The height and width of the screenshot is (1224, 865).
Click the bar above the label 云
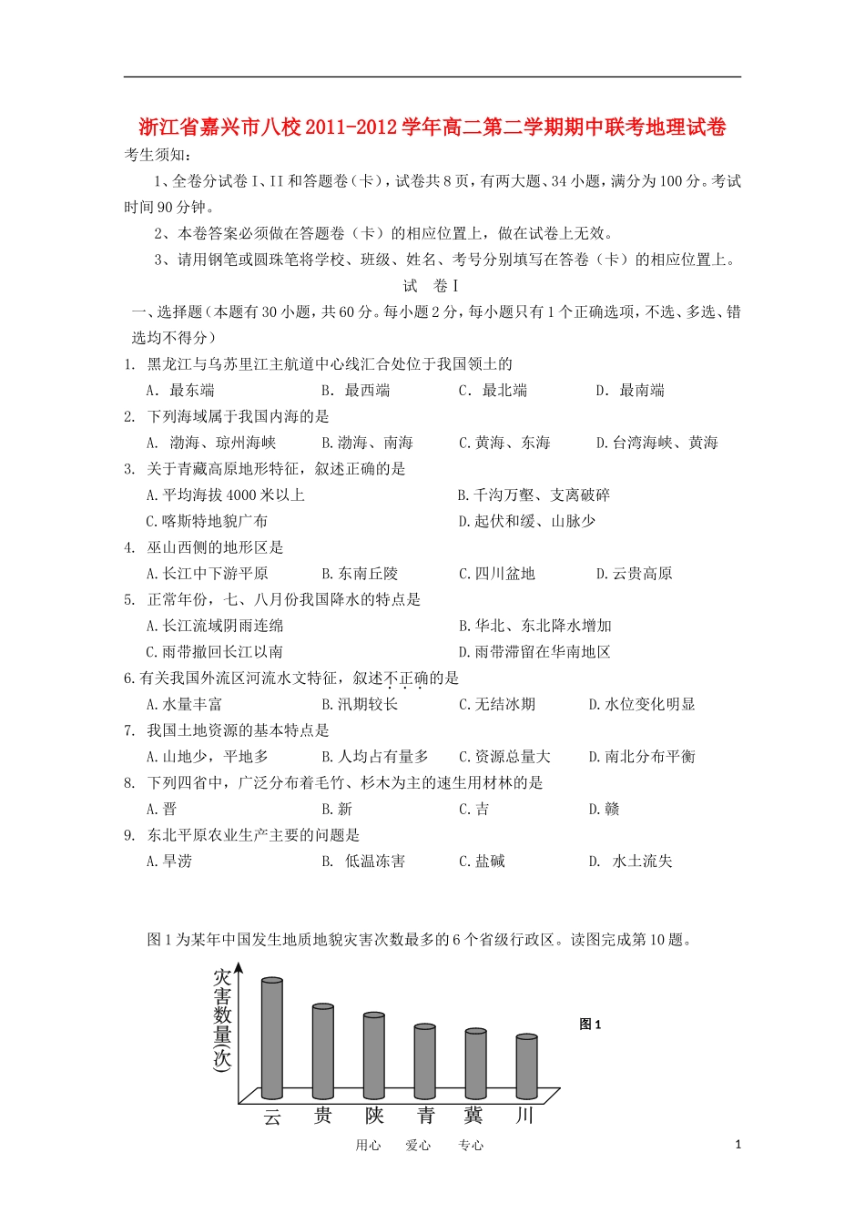271,1038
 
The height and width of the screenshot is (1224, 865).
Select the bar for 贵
322,1052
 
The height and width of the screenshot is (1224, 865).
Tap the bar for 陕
373,1056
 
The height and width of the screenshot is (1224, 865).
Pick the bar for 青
424,1062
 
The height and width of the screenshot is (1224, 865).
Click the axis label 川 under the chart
524,1116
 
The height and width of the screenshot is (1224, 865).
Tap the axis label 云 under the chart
272,1117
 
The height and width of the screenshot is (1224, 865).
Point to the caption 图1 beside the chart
590,1025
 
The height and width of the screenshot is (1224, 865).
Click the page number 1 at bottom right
738,1145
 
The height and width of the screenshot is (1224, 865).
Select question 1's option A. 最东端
180,391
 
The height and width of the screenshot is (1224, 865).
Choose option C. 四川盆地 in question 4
497,574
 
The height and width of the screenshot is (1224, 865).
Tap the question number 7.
129,730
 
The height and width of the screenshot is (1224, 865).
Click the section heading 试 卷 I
431,286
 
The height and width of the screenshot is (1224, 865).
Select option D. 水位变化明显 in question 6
642,704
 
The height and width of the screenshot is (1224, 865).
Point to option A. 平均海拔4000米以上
225,495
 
